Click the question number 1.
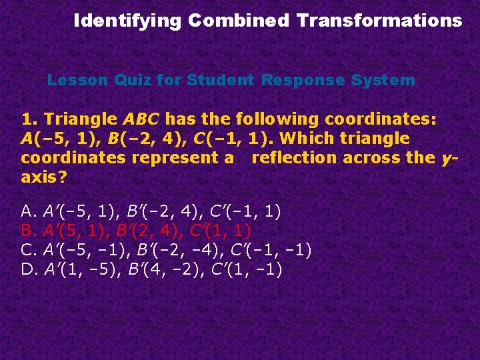click(29, 119)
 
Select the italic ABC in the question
click(141, 119)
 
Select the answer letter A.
click(28, 212)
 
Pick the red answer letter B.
click(28, 231)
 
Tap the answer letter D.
click(28, 270)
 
